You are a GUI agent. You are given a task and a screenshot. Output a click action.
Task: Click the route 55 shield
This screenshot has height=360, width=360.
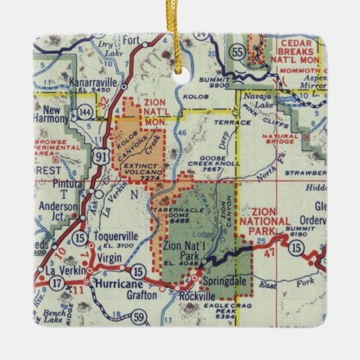pyautogui.click(x=236, y=51)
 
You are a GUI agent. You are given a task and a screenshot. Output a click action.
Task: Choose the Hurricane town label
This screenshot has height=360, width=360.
pyautogui.click(x=119, y=282)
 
